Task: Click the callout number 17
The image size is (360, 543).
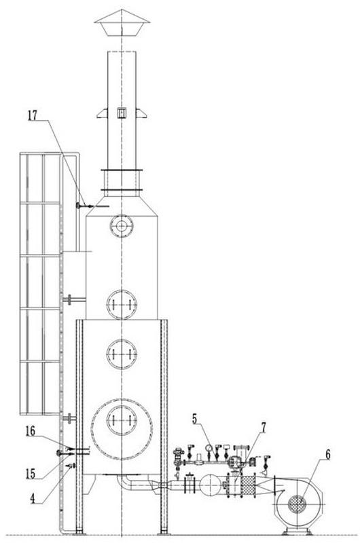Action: [32, 115]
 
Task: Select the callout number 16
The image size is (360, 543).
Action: [30, 431]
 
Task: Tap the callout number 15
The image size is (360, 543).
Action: [31, 474]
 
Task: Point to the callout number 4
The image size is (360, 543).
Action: [32, 499]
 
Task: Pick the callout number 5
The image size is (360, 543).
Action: [195, 419]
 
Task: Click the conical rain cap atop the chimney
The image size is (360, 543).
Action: [122, 22]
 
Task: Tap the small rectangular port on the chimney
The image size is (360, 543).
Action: [122, 113]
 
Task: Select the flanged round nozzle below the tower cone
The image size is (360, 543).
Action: [122, 226]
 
